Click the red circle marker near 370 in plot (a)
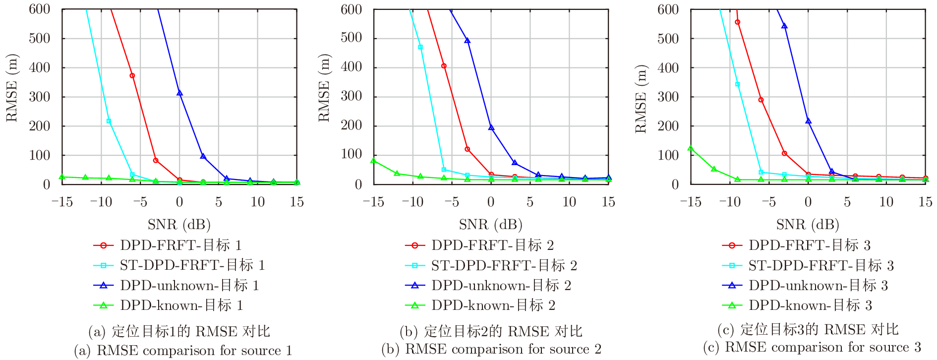(x=132, y=76)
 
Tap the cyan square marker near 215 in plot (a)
(x=109, y=121)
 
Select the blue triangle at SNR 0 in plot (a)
(x=179, y=93)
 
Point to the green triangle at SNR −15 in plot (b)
(x=373, y=161)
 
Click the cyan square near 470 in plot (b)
(x=420, y=47)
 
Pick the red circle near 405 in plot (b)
(x=444, y=66)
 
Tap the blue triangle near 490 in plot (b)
(x=468, y=41)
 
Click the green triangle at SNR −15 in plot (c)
(x=691, y=148)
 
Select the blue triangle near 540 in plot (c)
(x=784, y=26)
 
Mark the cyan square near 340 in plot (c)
(x=738, y=84)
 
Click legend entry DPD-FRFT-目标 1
(x=180, y=245)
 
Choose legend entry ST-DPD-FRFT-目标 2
(x=504, y=266)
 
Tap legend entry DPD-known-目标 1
(x=181, y=305)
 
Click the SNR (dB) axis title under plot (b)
(x=491, y=225)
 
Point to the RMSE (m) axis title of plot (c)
(x=641, y=99)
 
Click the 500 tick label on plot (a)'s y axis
(x=40, y=39)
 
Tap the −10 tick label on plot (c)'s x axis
(x=729, y=202)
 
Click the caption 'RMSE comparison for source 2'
(x=491, y=349)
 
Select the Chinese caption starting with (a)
(x=179, y=331)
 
